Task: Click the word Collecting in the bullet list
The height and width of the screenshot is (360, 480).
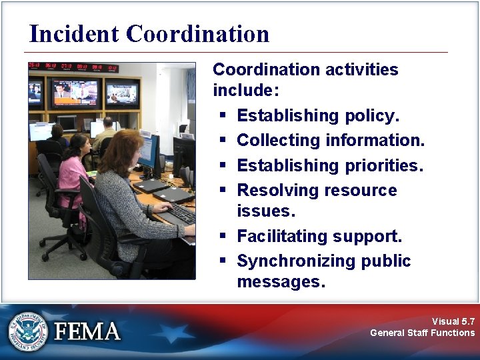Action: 279,141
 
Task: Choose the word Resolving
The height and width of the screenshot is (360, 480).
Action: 273,191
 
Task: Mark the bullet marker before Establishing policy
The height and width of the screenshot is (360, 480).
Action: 222,116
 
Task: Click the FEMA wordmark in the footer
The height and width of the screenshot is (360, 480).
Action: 87,331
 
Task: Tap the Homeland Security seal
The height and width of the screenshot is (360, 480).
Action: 28,330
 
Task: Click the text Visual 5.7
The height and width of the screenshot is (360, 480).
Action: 453,321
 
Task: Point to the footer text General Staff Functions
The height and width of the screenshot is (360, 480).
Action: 423,333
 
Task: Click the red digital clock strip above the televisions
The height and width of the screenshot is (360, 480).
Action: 73,67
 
